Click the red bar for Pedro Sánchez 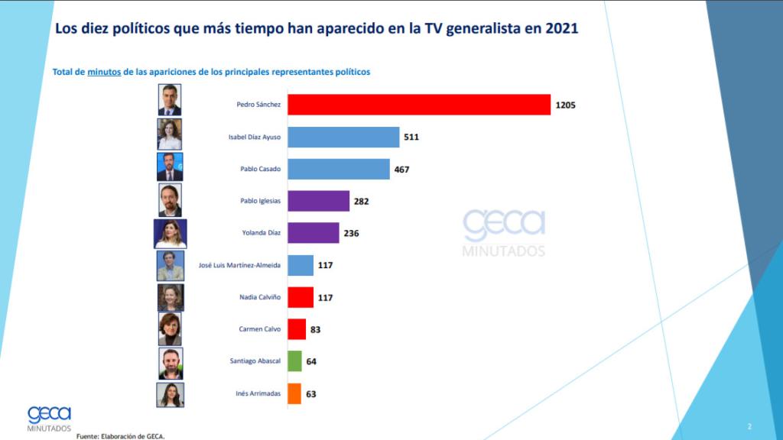click(x=419, y=105)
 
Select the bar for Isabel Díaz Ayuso click(x=343, y=137)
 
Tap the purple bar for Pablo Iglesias click(x=318, y=201)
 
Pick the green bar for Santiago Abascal click(x=294, y=361)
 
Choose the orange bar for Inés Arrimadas click(x=294, y=393)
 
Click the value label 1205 click(x=565, y=105)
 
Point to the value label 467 click(x=402, y=169)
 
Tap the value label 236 click(x=351, y=233)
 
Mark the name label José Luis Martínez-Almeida click(x=240, y=265)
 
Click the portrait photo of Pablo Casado click(x=170, y=167)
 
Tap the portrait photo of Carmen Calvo click(x=170, y=329)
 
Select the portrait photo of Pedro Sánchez click(x=170, y=100)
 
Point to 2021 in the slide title click(x=559, y=28)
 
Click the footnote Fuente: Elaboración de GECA click(x=120, y=435)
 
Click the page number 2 click(x=749, y=425)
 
